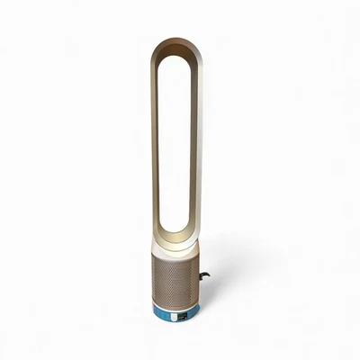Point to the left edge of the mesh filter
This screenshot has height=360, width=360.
coord(152,274)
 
